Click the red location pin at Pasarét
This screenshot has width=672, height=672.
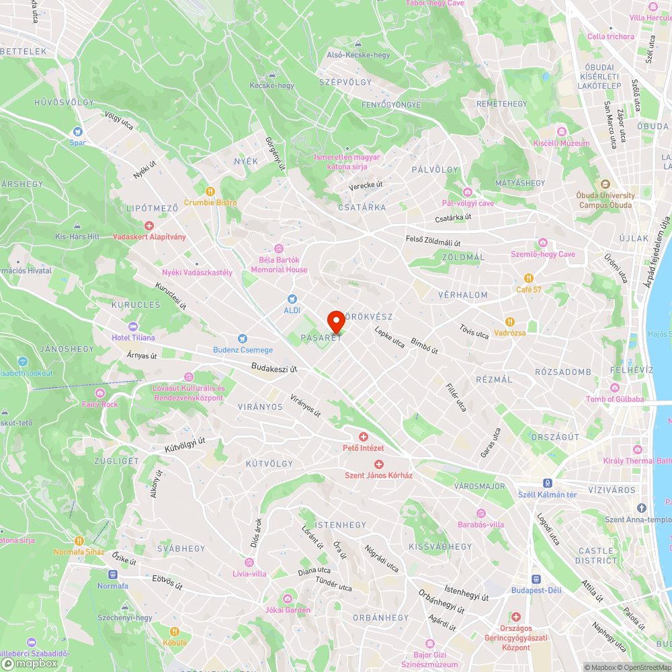(x=336, y=321)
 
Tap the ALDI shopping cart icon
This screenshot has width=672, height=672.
(x=292, y=298)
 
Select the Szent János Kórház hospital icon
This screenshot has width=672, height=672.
(x=379, y=464)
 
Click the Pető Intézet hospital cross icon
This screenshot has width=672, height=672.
(x=364, y=437)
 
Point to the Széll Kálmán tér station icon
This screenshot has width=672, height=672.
(x=548, y=483)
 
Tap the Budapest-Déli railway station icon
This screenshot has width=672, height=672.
(x=536, y=579)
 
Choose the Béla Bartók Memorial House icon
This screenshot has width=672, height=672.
(x=279, y=249)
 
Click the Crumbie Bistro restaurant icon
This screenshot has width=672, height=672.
(x=210, y=191)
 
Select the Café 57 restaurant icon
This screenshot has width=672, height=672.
(x=529, y=278)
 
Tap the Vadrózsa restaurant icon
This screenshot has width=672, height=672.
(x=510, y=321)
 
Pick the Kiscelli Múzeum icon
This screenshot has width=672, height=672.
(x=561, y=132)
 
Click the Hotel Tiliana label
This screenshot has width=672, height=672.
(x=133, y=337)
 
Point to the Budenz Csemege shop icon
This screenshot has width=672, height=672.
(x=243, y=339)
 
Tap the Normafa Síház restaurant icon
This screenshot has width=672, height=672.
(x=79, y=540)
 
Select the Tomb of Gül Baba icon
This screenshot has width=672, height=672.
(x=615, y=388)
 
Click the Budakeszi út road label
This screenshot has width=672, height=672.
(x=274, y=368)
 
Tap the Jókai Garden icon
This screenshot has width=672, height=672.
(x=288, y=599)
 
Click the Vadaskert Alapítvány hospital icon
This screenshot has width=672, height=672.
(x=149, y=226)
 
